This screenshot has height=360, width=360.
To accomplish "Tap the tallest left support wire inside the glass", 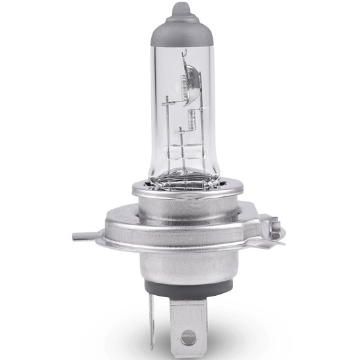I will click(168, 124).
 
